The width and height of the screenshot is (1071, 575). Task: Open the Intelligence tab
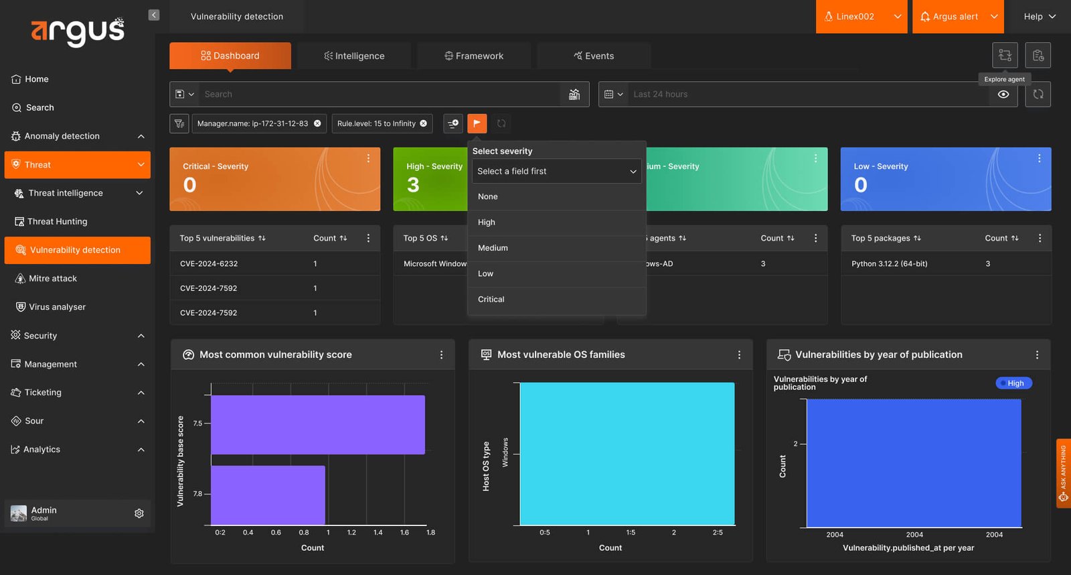pos(354,56)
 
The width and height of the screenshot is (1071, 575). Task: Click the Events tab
pos(593,56)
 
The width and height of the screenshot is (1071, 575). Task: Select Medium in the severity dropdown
pos(493,248)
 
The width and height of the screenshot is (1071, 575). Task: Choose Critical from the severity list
pos(491,300)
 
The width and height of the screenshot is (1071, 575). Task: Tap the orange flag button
pos(477,123)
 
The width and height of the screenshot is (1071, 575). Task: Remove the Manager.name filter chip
pos(317,123)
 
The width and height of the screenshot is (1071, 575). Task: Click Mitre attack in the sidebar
pos(53,278)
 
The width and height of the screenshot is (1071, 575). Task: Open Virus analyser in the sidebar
pos(57,307)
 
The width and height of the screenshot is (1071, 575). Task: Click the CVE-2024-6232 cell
pos(208,264)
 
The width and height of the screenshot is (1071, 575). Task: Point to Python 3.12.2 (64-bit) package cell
pos(889,264)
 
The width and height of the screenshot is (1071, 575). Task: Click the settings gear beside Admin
pos(139,513)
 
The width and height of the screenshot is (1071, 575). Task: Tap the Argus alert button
pos(958,17)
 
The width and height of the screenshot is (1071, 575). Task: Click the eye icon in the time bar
pos(1003,94)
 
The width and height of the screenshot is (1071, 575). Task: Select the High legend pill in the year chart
pos(1013,383)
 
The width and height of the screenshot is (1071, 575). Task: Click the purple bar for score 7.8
pos(268,495)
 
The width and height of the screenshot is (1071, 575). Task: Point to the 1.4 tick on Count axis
pos(378,532)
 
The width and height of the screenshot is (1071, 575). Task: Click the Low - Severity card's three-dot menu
pos(1039,158)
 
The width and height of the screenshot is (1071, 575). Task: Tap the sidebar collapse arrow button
pos(153,15)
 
